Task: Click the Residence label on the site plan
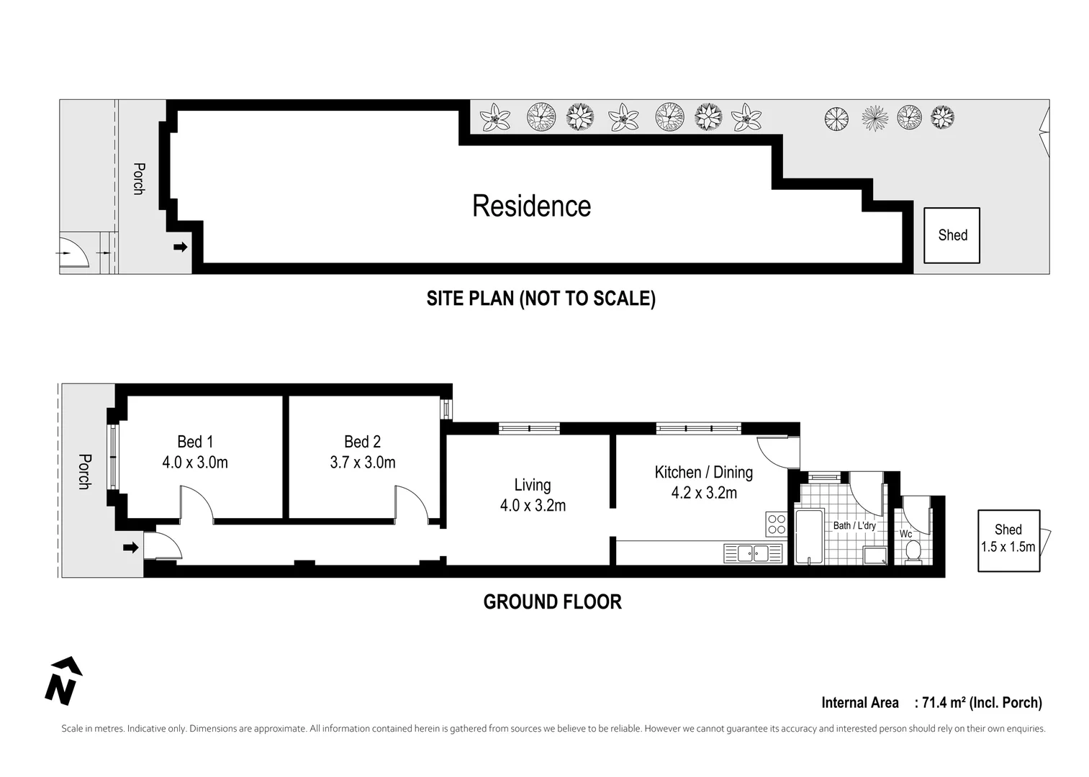(531, 206)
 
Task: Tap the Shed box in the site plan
(952, 235)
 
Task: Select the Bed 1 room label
(195, 442)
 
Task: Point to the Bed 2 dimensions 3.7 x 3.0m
(363, 463)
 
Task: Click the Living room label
(533, 485)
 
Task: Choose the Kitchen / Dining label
(703, 473)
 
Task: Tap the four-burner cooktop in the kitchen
(776, 524)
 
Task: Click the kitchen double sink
(753, 553)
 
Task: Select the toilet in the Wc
(913, 551)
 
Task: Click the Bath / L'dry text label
(854, 526)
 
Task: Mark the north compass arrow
(63, 680)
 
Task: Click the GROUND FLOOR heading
(552, 602)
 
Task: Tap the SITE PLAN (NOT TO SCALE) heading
(541, 299)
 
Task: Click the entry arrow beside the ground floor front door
(130, 547)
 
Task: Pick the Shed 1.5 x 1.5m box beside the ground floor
(1008, 540)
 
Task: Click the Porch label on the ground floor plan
(84, 471)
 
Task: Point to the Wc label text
(905, 534)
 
